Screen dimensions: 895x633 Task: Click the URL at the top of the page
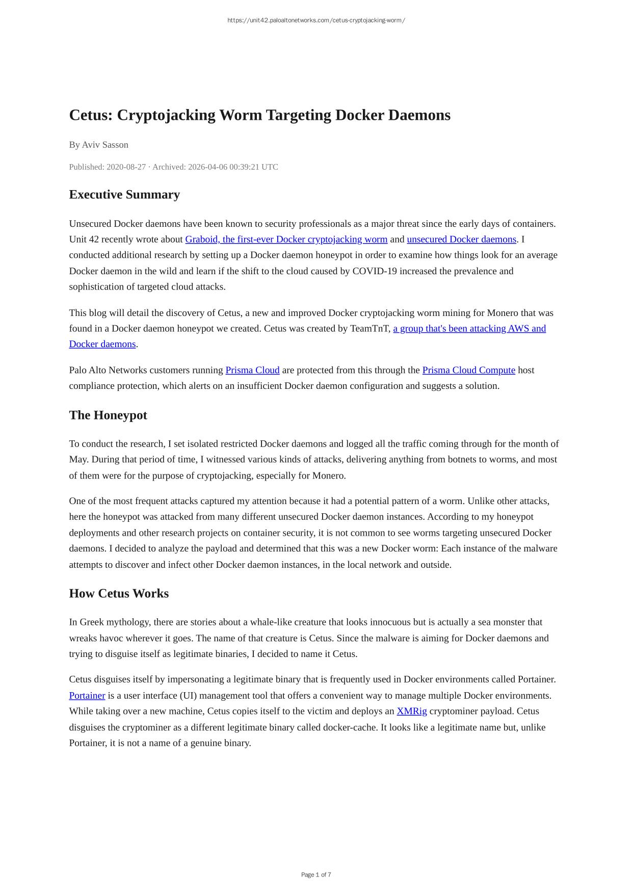(316, 20)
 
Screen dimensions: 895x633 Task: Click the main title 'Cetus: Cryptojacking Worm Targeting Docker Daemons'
(259, 115)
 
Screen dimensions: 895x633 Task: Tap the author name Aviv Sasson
(105, 145)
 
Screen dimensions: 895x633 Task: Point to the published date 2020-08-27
(126, 167)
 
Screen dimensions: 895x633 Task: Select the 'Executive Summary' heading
(124, 195)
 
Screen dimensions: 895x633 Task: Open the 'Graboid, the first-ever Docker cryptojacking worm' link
(286, 240)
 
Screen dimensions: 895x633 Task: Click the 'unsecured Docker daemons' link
(461, 240)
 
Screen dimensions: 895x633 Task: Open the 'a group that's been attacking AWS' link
(469, 329)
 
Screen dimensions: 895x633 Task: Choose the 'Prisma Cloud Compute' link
(468, 371)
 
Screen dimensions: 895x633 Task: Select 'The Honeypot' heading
(108, 415)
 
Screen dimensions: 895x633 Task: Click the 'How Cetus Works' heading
(119, 594)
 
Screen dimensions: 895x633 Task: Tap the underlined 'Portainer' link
(87, 696)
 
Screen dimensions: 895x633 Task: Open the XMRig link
(411, 712)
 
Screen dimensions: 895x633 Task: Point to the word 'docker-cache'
(350, 727)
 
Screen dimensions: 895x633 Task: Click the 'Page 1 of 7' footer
(316, 875)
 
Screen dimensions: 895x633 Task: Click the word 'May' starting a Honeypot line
(79, 460)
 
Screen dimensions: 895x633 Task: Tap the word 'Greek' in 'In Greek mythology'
(92, 622)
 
